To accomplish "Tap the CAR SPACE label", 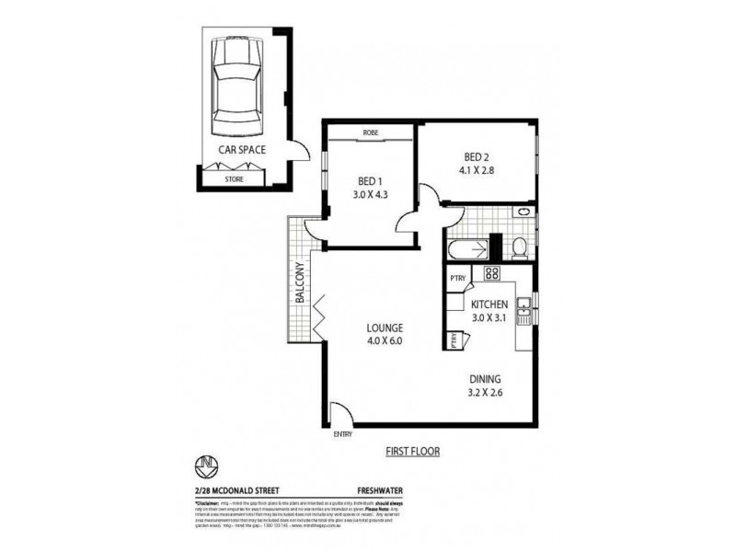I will tap(242, 148).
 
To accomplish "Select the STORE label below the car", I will tap(235, 180).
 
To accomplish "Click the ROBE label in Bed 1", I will tap(371, 133).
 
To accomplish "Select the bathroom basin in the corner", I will tap(524, 213).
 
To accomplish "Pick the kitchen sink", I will tap(523, 310).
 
